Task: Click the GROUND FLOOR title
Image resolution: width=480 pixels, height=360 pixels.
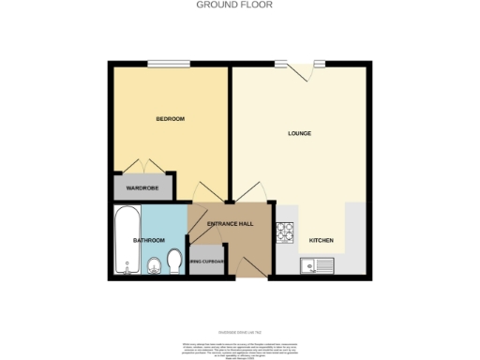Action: point(240,4)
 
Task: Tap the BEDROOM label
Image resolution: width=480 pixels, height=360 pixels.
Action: point(170,119)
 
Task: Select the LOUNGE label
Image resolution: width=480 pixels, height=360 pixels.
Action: point(299,133)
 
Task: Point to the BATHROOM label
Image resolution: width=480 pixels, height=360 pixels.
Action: point(149,240)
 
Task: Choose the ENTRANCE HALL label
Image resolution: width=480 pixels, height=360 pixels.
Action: point(231,224)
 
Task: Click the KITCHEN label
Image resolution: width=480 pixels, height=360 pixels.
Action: point(322,240)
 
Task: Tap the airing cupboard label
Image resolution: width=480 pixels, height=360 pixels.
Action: point(207,262)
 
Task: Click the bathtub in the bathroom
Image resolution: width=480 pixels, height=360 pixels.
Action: point(127,242)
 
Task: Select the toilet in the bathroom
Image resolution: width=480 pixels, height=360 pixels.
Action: point(173,260)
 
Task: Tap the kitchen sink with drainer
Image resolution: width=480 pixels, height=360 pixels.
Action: point(316,265)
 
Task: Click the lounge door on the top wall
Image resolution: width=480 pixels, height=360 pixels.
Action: point(300,67)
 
